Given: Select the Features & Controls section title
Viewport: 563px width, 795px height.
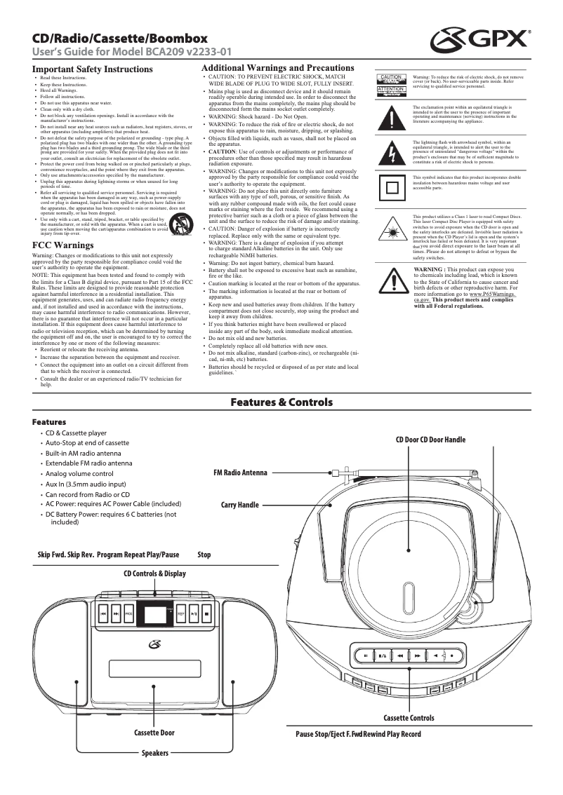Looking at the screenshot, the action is tap(281, 402).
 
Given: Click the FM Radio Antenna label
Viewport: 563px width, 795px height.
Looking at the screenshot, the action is tap(240, 473).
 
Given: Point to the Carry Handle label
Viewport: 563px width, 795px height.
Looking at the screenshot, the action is tap(239, 505).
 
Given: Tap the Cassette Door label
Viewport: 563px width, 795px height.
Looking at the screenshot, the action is tap(154, 733).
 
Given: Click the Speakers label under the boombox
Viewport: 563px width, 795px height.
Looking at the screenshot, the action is tap(155, 753).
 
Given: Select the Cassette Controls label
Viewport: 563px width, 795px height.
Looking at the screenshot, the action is tap(409, 718).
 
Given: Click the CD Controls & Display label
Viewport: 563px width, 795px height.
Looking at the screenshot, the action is tap(154, 573).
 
